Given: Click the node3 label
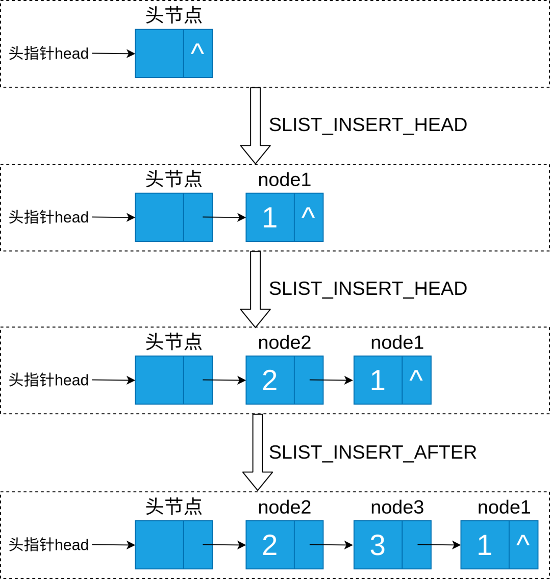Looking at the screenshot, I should click(397, 507).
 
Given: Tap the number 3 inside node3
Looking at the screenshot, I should click(378, 545).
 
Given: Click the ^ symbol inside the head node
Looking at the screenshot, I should click(197, 50).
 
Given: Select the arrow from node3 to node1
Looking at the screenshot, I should click(439, 545).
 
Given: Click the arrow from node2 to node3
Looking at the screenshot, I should click(331, 545).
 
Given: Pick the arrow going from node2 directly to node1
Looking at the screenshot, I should click(331, 380).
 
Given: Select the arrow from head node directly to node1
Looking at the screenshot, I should click(224, 217).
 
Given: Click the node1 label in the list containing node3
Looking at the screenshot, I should click(504, 507).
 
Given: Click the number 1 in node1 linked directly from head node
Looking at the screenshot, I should click(269, 218).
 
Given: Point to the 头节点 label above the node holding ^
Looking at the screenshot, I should click(173, 15).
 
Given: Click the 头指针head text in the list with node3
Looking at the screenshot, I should click(49, 545).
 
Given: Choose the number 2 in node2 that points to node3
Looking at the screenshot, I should click(269, 545).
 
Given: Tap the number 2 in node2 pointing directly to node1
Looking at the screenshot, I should click(269, 381).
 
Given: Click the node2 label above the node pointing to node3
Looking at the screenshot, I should click(284, 507).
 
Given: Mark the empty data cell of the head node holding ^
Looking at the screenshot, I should click(159, 54).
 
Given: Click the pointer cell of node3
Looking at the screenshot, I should click(416, 545).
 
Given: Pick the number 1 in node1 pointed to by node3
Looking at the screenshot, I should click(484, 545).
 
